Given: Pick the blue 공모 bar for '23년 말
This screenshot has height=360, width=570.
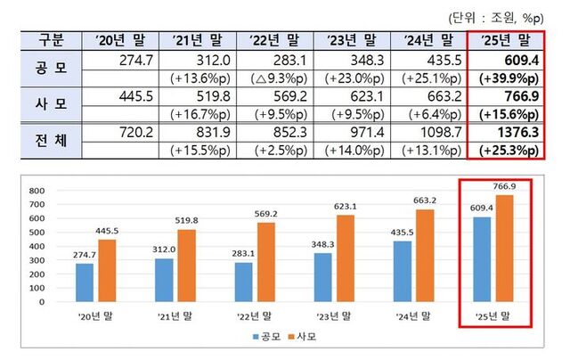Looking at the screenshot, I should click(322, 277).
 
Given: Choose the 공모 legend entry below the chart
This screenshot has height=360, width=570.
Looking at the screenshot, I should click(268, 339).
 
